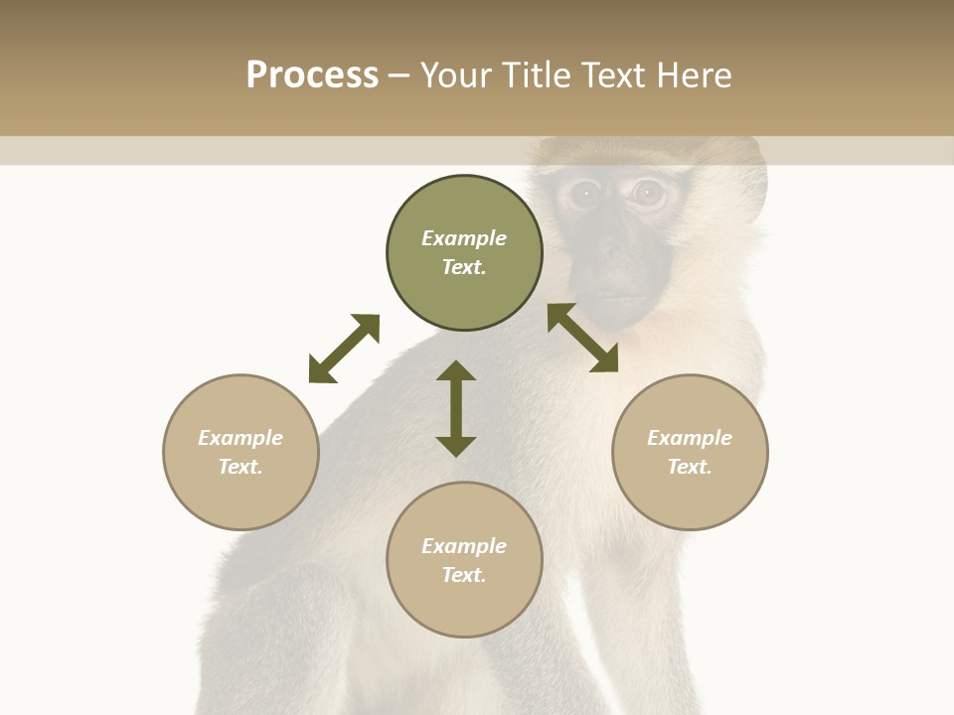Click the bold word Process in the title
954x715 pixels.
click(312, 75)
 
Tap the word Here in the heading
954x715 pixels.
click(694, 75)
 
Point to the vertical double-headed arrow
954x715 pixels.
click(456, 408)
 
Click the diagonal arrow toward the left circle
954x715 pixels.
click(344, 348)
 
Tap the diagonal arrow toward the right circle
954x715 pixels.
click(582, 338)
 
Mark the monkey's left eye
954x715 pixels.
click(584, 194)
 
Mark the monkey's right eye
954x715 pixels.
click(648, 193)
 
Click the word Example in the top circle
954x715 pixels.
click(464, 238)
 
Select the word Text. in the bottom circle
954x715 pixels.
click(464, 575)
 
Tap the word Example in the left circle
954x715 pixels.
click(240, 438)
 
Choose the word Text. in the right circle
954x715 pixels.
click(690, 467)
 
